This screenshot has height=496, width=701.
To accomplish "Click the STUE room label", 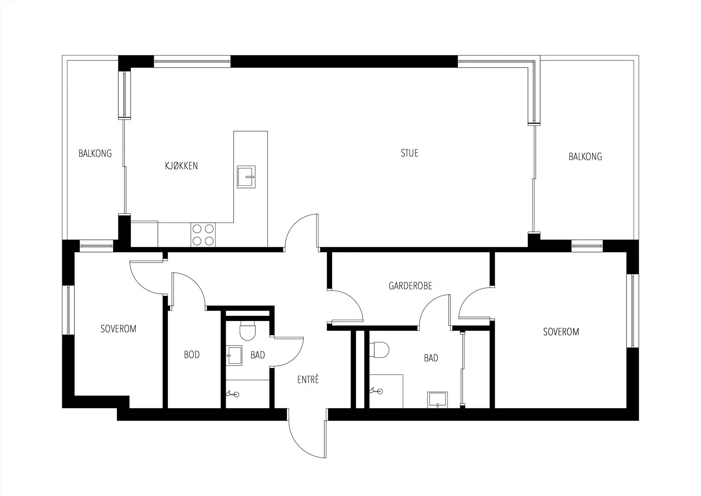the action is coord(409,153).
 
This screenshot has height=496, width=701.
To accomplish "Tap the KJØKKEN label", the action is coord(181,166).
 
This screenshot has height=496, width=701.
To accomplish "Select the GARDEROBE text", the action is coord(410,286).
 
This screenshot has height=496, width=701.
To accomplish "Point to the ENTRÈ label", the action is coord(308,379).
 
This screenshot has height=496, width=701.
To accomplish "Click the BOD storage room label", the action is coord(191,355).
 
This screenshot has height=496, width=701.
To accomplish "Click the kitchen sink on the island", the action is coord(246,177).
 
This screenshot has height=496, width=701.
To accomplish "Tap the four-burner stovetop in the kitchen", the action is coord(203,235).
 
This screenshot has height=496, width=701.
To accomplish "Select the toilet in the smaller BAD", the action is coord(248,330).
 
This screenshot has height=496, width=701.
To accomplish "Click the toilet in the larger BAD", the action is coord(379,350).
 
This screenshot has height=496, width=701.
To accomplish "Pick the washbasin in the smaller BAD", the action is coord(234,356).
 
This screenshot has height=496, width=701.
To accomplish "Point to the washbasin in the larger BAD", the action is coord(438,400).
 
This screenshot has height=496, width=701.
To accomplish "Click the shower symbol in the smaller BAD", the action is coord(233,394).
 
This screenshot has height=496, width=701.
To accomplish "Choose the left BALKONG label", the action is coord(95,153).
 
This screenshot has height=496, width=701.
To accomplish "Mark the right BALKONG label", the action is coord(585,157).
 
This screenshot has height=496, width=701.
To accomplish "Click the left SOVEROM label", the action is coord(118,328).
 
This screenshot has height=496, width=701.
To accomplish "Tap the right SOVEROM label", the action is coord(561,332).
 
